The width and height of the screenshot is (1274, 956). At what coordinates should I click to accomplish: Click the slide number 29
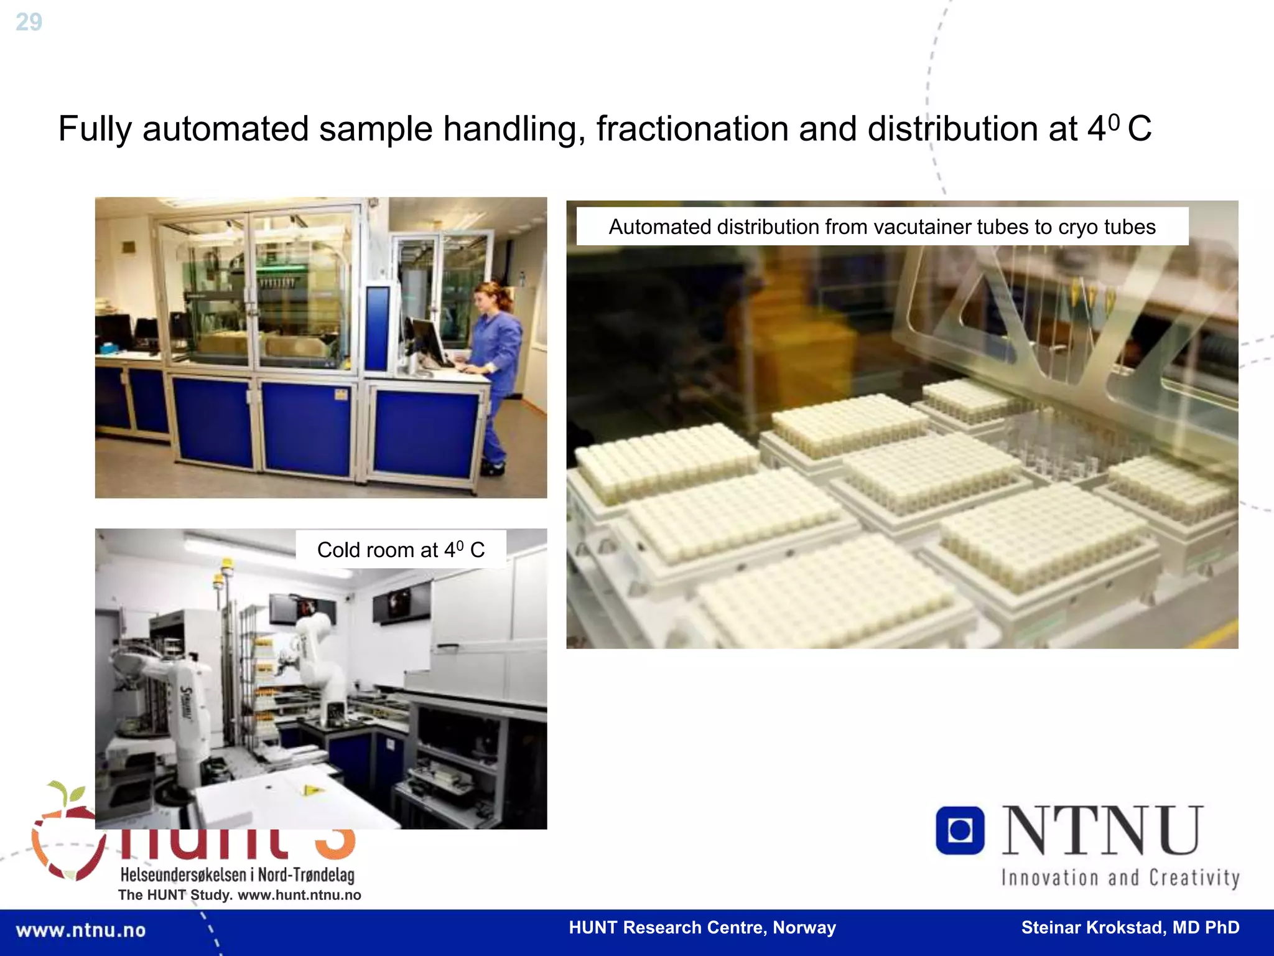(x=29, y=22)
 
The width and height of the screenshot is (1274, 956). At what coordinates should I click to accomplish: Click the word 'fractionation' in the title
(x=691, y=129)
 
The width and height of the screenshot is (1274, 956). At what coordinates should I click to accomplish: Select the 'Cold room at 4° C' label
(x=401, y=550)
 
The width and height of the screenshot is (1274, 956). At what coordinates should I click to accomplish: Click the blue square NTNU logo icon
(x=960, y=830)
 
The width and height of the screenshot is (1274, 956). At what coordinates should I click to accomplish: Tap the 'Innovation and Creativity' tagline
(x=1120, y=878)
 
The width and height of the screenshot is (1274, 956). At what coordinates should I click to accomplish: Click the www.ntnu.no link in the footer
(x=81, y=930)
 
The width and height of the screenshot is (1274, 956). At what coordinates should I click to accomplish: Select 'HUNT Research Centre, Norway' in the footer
(x=702, y=927)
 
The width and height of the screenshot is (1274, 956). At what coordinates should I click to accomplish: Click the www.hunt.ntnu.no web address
(x=299, y=895)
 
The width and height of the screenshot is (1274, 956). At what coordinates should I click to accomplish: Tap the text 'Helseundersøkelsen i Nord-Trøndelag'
(x=237, y=874)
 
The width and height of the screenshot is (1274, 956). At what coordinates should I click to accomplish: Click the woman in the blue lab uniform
(x=495, y=367)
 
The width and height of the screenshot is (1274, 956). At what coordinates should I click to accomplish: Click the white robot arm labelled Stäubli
(x=180, y=703)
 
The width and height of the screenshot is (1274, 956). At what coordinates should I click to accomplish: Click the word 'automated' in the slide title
(x=225, y=129)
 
